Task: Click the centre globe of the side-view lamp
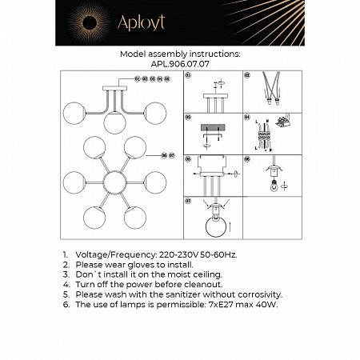(x=114, y=122)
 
